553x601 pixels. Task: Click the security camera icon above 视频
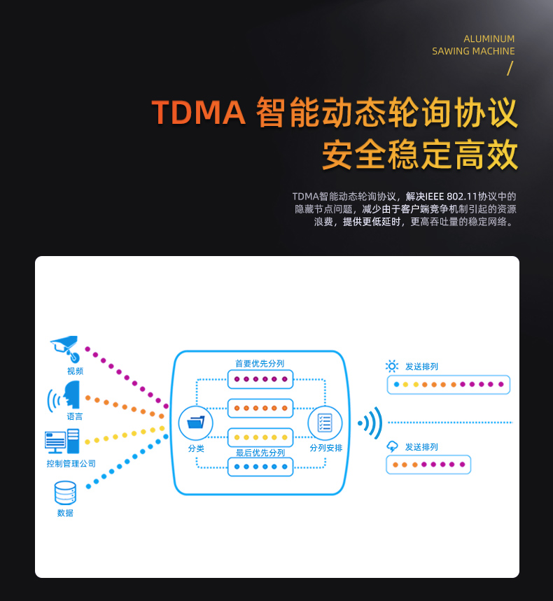point(66,348)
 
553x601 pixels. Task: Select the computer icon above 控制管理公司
point(62,441)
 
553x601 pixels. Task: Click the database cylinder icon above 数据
point(65,493)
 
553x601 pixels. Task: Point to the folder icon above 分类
point(196,422)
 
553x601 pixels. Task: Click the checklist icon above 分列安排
point(325,423)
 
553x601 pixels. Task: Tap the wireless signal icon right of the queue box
point(370,423)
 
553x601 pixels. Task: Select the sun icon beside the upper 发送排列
point(391,366)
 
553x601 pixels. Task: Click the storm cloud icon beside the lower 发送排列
point(392,446)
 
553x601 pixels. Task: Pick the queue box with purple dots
point(260,379)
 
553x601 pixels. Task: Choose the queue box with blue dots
point(260,467)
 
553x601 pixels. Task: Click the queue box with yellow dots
point(260,437)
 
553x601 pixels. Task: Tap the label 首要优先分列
point(260,363)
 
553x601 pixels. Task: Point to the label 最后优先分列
point(260,453)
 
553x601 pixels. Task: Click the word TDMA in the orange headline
point(199,113)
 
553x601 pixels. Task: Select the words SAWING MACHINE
point(473,51)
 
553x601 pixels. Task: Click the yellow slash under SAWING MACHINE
point(510,69)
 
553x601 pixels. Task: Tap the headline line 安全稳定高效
point(420,155)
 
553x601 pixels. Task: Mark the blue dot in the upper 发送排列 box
point(396,384)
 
